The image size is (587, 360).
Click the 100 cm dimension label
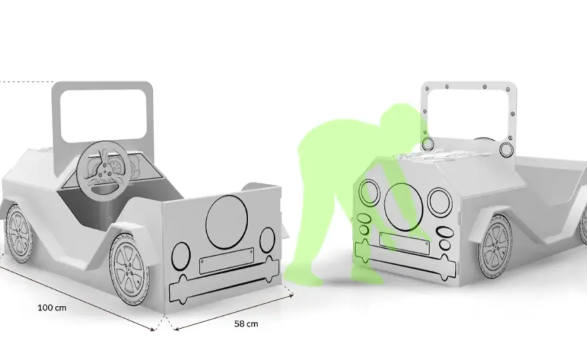click(52, 308)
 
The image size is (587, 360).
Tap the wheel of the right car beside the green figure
click(495, 246)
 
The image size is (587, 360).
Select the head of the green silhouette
click(399, 117)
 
